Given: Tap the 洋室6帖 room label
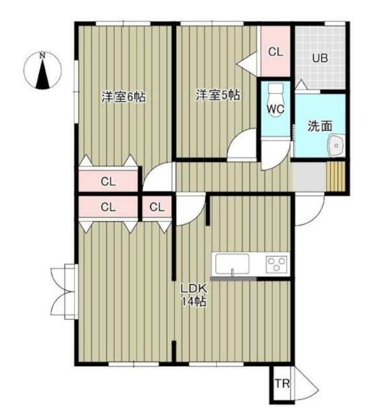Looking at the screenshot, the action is pos(124,97).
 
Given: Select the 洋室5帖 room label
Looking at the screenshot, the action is pos(218,95).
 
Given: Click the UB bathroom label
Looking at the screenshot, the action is pos(320,58).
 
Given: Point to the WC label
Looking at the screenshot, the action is pos(276,109).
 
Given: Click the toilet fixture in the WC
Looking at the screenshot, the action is pos(276,99).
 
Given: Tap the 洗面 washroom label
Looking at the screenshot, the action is pos(320,126).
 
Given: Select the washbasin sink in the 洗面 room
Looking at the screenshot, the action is pos(336,145).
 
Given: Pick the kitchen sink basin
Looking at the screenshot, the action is pos(232,264).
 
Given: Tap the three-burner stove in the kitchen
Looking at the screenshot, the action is pos(276,264).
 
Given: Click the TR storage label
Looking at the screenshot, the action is pos(282,384).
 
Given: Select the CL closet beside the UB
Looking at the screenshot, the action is pos(275,51).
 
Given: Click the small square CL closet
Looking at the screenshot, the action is pos(157,207).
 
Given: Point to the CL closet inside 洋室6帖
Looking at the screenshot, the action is pos(108,182).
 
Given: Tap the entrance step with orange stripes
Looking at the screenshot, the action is pos(336,176).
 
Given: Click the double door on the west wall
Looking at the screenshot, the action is pos(63,292).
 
